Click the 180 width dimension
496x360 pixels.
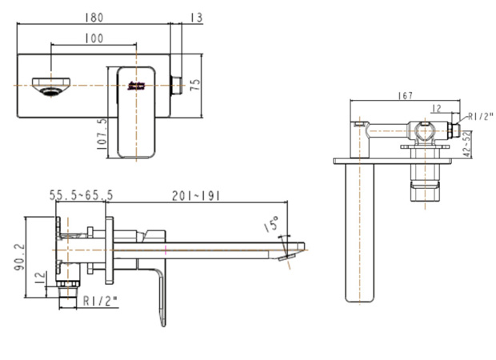(x=94, y=15)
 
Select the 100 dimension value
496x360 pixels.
(x=94, y=38)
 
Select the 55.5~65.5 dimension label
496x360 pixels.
(x=81, y=195)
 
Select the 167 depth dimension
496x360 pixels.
(x=405, y=96)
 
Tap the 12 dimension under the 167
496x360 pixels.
(x=436, y=108)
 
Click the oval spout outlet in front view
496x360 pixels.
(x=51, y=85)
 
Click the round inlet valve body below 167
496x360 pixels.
(x=422, y=130)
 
